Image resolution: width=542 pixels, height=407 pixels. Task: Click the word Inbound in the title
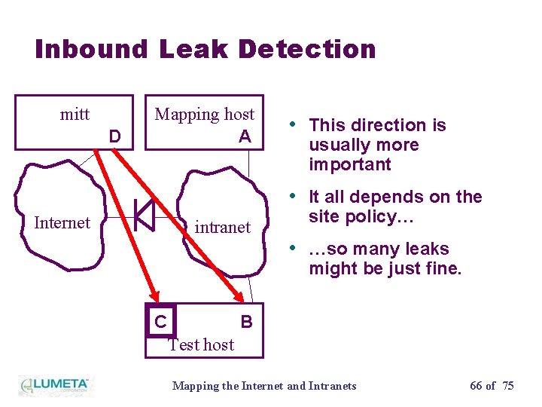tap(92, 49)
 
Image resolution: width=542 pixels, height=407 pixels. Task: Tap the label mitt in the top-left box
tap(75, 115)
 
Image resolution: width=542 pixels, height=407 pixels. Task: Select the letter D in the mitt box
tap(114, 136)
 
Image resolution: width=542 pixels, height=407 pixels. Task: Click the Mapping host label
tap(205, 115)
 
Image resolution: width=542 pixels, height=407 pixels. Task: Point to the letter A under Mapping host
tap(245, 136)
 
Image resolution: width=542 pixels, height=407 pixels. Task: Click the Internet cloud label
tap(62, 222)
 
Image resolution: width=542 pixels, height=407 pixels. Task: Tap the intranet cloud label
tap(223, 227)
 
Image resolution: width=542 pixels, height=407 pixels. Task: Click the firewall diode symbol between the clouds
tap(144, 216)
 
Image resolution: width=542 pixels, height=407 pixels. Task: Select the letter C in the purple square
tap(160, 322)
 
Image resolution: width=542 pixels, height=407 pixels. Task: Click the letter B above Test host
tap(246, 322)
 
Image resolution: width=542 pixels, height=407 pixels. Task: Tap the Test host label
tap(201, 344)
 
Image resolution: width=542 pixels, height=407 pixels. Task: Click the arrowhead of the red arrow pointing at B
tap(236, 298)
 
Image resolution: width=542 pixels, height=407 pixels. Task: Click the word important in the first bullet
tap(350, 164)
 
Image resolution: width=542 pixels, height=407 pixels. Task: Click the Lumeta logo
tap(54, 385)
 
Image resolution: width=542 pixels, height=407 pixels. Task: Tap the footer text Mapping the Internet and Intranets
tap(264, 386)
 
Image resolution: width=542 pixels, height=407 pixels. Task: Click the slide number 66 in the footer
tap(476, 386)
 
